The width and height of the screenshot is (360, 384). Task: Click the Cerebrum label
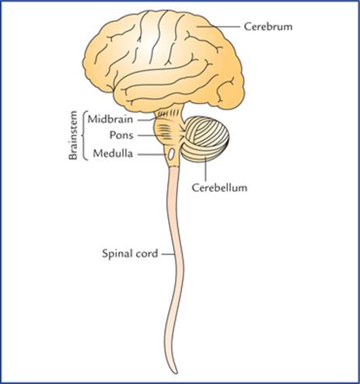(268, 26)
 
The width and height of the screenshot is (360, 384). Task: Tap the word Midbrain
(110, 120)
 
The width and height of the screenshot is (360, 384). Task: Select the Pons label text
(121, 135)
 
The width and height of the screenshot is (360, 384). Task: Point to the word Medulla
(113, 153)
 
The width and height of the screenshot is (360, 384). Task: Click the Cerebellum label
(219, 187)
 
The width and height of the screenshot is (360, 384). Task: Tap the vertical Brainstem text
(73, 135)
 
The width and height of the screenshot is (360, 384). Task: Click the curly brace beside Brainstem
(84, 135)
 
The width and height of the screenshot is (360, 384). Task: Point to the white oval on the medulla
(171, 154)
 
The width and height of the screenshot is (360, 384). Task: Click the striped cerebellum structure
(205, 138)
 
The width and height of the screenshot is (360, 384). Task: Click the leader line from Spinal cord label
(168, 254)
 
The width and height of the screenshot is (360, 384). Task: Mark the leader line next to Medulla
(152, 154)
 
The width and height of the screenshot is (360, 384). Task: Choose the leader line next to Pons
(150, 135)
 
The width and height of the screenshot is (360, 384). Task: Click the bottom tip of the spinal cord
(176, 373)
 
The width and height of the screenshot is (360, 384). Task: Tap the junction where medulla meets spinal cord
(173, 166)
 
